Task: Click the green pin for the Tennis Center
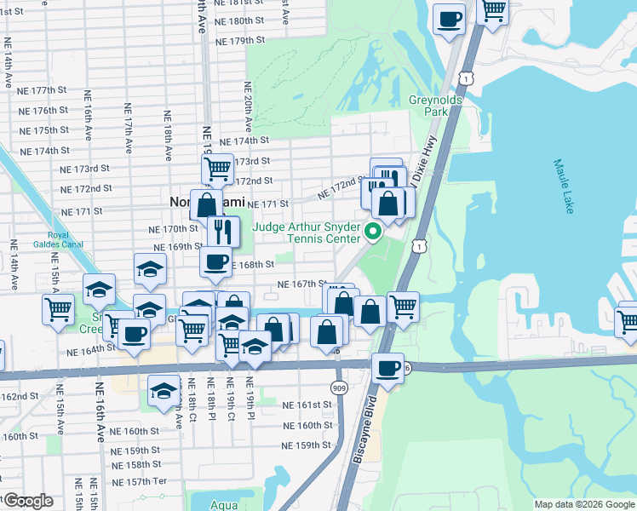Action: pyautogui.click(x=372, y=231)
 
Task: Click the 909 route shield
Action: pyautogui.click(x=339, y=388)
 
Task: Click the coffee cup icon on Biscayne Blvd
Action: pyautogui.click(x=388, y=367)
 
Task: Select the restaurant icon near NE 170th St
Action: pyautogui.click(x=223, y=230)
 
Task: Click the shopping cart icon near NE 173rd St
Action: pyautogui.click(x=218, y=168)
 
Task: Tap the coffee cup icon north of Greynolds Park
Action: pyautogui.click(x=449, y=18)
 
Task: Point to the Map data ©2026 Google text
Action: pyautogui.click(x=583, y=504)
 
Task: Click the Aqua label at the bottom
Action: pyautogui.click(x=224, y=504)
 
